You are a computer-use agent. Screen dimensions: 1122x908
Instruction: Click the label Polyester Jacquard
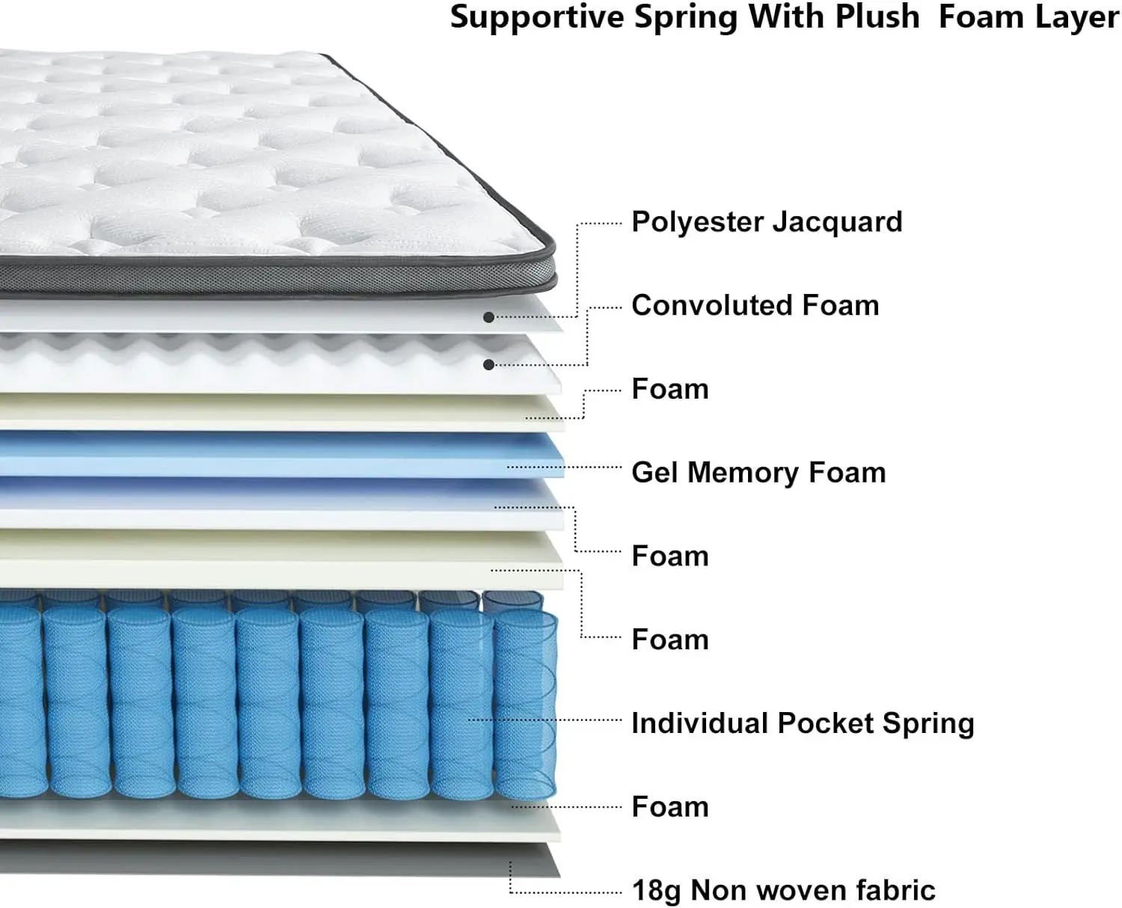(767, 222)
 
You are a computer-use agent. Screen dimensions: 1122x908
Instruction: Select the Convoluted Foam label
(755, 306)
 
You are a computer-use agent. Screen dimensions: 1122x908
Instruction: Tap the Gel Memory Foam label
(758, 473)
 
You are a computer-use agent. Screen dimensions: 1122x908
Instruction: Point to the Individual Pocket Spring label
(803, 723)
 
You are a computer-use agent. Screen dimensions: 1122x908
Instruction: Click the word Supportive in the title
(536, 17)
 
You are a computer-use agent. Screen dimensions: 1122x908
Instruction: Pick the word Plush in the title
(877, 16)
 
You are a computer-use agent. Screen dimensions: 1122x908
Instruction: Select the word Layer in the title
(1084, 18)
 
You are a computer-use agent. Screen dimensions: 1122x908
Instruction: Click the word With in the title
(785, 16)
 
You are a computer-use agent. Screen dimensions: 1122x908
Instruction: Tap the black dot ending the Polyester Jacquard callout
(488, 318)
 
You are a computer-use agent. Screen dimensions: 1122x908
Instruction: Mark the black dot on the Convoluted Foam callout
(488, 365)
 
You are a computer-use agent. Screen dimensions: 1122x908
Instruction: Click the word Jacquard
(837, 222)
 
